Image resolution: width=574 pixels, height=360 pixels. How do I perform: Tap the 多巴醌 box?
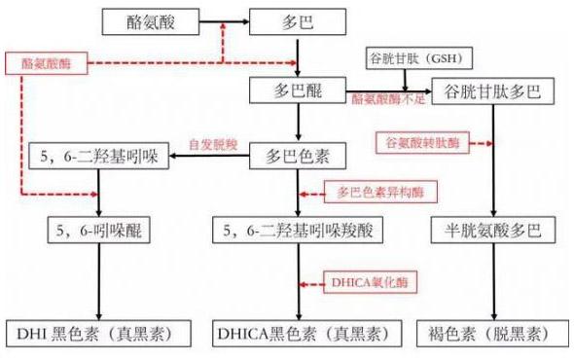(298, 92)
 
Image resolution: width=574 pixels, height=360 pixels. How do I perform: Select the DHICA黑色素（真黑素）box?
(298, 333)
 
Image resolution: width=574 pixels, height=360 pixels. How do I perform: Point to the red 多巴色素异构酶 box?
(378, 193)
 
